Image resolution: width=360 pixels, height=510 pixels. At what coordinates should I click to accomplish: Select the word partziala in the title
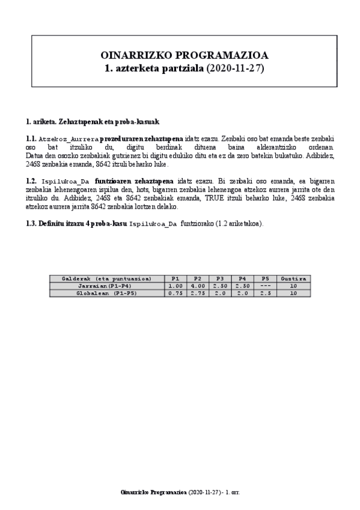tap(178, 69)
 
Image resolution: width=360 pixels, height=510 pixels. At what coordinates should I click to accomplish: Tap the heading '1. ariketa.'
tap(41, 121)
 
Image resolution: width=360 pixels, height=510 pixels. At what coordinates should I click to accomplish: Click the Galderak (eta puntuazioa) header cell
tap(106, 278)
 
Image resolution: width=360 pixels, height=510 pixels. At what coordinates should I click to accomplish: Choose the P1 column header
tap(175, 278)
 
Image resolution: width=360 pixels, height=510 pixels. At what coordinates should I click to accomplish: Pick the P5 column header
tap(264, 278)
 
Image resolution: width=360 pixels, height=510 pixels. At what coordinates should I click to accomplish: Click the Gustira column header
tap(294, 278)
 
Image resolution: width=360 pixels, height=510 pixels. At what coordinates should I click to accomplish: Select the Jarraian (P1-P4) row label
tap(106, 286)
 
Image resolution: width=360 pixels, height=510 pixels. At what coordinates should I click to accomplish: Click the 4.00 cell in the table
tap(197, 286)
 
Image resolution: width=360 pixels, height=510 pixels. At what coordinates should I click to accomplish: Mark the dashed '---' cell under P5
tap(264, 286)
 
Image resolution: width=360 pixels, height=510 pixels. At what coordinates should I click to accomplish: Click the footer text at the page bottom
tap(180, 491)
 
